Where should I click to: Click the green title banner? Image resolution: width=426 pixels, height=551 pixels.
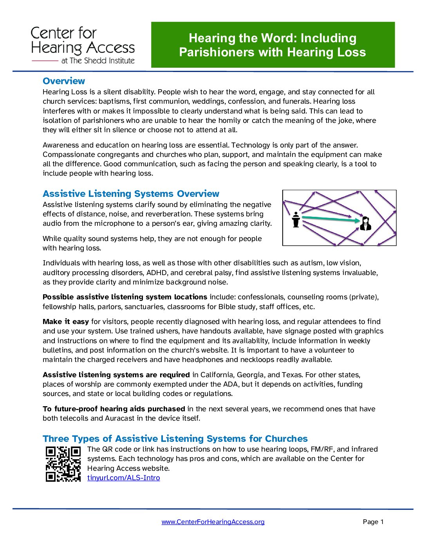273,45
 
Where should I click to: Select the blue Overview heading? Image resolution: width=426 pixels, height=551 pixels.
64,81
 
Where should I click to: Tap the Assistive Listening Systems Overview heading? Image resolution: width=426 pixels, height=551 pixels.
131,194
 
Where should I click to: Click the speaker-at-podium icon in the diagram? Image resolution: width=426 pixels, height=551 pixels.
296,220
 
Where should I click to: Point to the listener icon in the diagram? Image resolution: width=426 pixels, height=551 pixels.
365,223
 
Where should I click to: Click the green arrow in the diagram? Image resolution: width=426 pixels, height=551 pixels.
331,219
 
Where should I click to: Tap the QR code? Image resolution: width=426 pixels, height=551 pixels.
63,464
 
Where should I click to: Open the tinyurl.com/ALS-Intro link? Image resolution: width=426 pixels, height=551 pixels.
123,478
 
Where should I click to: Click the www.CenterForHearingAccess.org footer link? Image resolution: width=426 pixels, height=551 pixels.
213,522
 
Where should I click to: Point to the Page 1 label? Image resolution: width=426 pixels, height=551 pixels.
373,522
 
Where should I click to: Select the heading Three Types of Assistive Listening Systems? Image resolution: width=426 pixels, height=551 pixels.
175,439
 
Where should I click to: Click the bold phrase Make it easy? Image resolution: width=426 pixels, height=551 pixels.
66,322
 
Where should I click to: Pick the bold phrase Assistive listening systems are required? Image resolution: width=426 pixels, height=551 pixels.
116,375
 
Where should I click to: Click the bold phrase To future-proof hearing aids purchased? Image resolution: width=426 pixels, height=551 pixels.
114,409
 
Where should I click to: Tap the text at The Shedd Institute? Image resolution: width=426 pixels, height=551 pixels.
98,61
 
